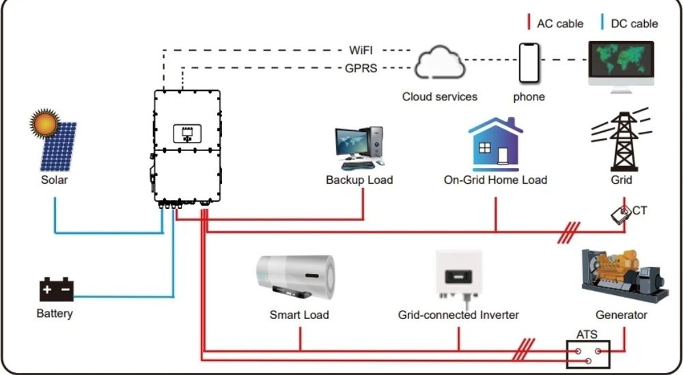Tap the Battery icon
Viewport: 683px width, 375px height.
click(x=56, y=290)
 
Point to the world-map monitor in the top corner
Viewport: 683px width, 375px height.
click(x=621, y=65)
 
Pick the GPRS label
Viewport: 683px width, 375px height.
click(x=361, y=68)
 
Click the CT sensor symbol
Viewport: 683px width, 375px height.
click(x=621, y=214)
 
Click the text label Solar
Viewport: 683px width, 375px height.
click(x=54, y=180)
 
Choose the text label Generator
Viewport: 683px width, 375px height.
click(x=622, y=315)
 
